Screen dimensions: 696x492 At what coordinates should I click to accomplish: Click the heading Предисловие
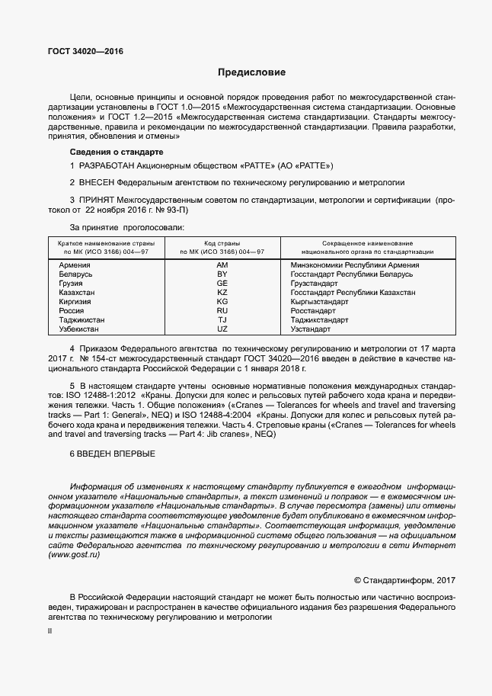251,73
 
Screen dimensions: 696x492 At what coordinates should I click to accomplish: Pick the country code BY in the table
222,274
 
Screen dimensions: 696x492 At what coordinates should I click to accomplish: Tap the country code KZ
222,292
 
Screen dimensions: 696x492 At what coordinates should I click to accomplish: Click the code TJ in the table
222,319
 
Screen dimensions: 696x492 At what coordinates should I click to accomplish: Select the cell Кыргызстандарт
319,301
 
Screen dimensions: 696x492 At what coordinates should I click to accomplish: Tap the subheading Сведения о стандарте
111,152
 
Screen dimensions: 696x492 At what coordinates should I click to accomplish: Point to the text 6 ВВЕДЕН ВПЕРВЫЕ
112,454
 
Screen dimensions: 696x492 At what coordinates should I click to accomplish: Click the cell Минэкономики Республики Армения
355,265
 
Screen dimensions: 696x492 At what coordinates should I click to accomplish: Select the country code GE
222,283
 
